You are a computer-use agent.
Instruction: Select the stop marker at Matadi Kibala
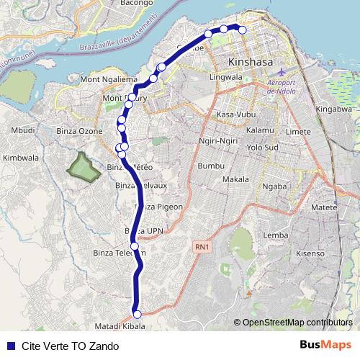tap(137, 313)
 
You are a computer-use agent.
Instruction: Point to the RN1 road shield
tap(202, 247)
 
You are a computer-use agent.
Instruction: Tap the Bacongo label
tap(121, 4)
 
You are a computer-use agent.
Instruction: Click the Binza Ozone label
tap(80, 131)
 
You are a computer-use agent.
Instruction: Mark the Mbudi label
tap(23, 131)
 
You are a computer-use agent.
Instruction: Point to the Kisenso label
tap(311, 253)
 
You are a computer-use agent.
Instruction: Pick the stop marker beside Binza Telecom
tap(134, 246)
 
